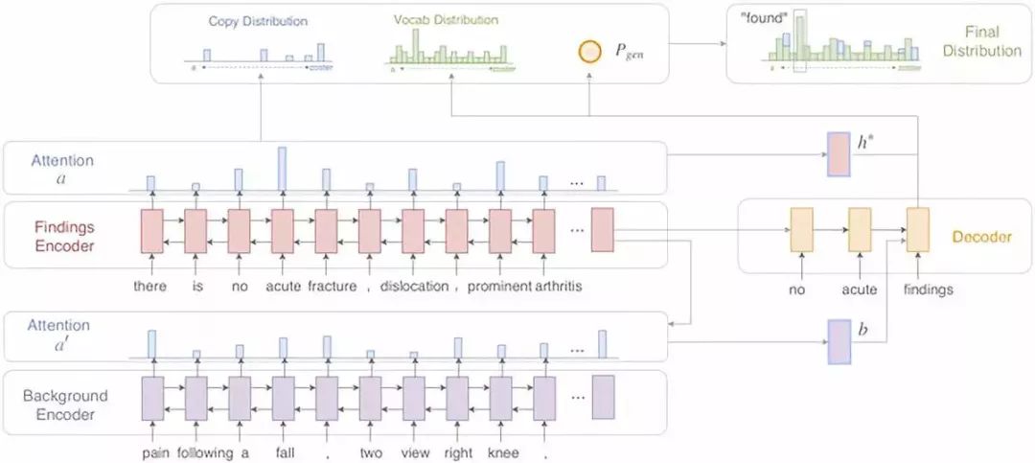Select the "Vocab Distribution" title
447,20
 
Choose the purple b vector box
839,342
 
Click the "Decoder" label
981,237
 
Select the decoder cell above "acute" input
859,230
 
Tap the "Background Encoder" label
65,405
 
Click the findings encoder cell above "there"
151,231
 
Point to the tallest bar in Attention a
282,168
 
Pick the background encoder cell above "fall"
282,399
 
